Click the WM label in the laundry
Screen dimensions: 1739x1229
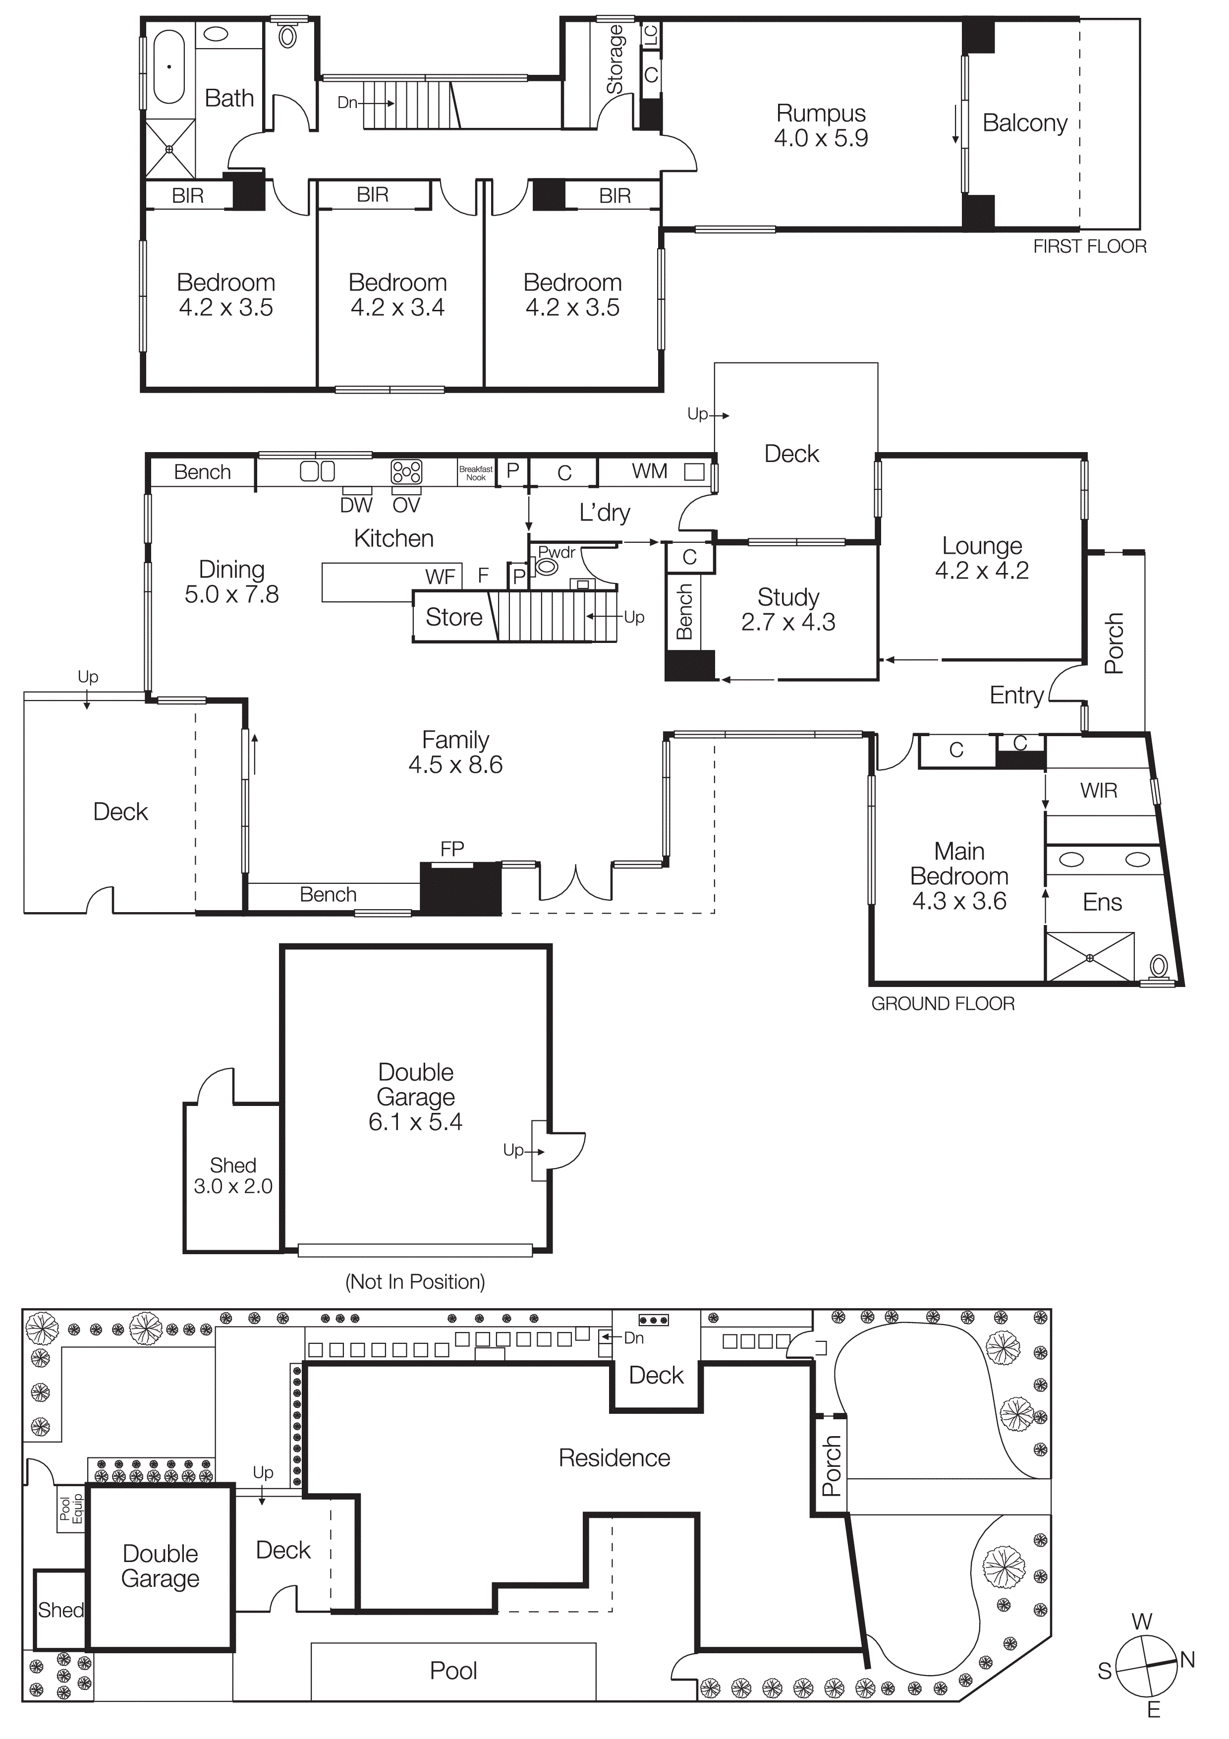pos(650,471)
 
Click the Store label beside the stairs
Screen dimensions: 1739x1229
pos(453,617)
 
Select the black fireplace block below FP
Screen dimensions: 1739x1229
pos(460,888)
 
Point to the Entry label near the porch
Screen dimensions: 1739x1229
pos(1016,696)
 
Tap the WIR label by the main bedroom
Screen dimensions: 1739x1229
pos(1098,791)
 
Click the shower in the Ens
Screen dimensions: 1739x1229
pos(1090,958)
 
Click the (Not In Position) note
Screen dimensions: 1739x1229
pos(415,1281)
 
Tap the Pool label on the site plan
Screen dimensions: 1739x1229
pos(453,1670)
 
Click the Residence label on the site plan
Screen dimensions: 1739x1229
pos(614,1458)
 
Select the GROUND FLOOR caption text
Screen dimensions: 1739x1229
pos(943,1003)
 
